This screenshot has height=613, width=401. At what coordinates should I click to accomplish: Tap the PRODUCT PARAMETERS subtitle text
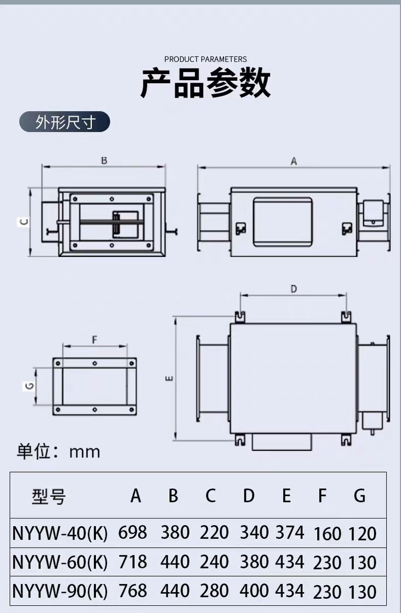pyautogui.click(x=206, y=59)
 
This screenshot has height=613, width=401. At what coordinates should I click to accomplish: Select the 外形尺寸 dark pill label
pyautogui.click(x=65, y=123)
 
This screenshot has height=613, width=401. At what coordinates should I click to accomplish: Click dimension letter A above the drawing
pyautogui.click(x=294, y=161)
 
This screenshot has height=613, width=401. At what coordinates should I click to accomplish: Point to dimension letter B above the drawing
pyautogui.click(x=104, y=160)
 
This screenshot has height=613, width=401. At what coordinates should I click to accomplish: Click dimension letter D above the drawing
pyautogui.click(x=294, y=289)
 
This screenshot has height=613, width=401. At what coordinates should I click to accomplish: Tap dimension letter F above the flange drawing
pyautogui.click(x=94, y=340)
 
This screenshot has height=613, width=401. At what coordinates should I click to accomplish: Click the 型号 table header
pyautogui.click(x=49, y=496)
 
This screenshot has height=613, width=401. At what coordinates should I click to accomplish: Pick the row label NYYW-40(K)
pyautogui.click(x=60, y=533)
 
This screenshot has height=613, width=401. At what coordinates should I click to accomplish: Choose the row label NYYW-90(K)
pyautogui.click(x=60, y=591)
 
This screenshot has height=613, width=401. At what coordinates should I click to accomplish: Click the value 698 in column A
pyautogui.click(x=133, y=533)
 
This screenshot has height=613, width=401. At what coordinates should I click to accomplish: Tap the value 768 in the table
pyautogui.click(x=133, y=591)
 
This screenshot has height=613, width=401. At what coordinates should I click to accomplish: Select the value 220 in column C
pyautogui.click(x=214, y=533)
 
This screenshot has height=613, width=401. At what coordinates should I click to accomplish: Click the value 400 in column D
pyautogui.click(x=254, y=591)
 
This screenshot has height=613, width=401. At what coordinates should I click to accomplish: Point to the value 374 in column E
pyautogui.click(x=290, y=533)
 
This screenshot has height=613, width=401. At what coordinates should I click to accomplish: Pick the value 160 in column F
pyautogui.click(x=328, y=534)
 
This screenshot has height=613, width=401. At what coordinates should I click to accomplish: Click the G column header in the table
pyautogui.click(x=360, y=496)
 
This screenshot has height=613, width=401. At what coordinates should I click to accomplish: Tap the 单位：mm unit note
pyautogui.click(x=59, y=452)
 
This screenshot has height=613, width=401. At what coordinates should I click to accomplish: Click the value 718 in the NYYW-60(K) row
pyautogui.click(x=133, y=562)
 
